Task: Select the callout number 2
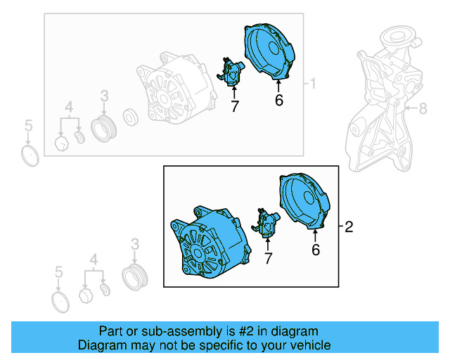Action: click(x=349, y=226)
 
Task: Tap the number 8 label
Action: click(x=423, y=108)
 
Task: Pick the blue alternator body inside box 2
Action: click(x=210, y=243)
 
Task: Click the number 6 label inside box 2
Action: click(x=316, y=249)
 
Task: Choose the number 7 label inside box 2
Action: click(x=267, y=259)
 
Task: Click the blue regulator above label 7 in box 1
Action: click(x=231, y=71)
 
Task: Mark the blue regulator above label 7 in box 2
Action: click(x=268, y=223)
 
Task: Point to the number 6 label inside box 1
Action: click(x=278, y=101)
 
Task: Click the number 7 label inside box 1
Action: click(x=234, y=106)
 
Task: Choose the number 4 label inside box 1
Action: click(x=69, y=107)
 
